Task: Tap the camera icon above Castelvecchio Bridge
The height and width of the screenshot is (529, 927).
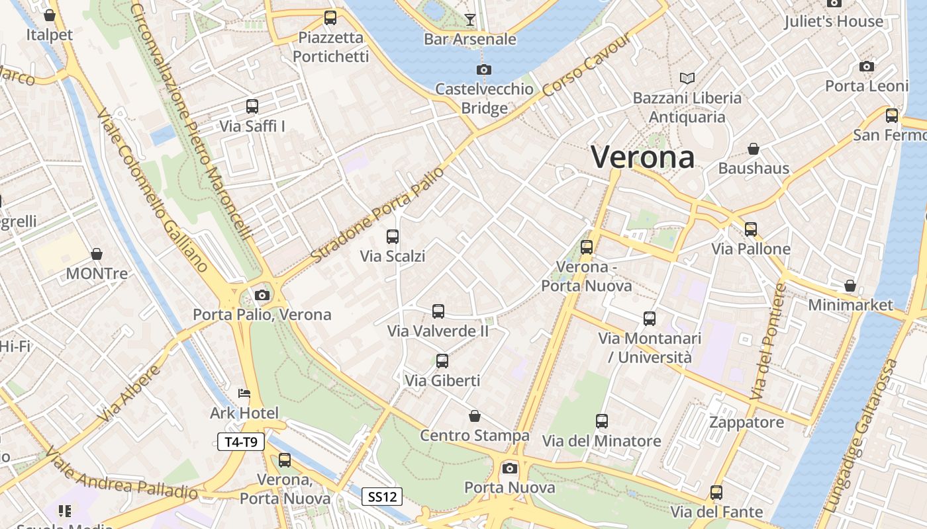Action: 484,69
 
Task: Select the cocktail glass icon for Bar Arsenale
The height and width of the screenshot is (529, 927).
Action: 469,20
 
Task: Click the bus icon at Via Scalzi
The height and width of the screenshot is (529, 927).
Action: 393,236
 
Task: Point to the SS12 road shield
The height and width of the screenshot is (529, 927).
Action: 383,497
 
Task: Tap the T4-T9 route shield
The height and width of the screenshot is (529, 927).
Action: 241,442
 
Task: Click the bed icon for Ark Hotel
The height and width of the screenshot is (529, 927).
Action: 244,393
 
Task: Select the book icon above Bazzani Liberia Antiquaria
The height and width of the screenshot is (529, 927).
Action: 687,78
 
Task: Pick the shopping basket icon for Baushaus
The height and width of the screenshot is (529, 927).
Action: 754,149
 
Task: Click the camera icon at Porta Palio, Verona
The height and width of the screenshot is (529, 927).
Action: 262,295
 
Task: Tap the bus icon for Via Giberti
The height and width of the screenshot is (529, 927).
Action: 442,361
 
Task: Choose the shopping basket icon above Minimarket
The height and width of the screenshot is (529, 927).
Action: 850,286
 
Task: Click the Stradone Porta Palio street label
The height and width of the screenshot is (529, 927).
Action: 375,214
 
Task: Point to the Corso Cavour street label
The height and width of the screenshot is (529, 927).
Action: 586,64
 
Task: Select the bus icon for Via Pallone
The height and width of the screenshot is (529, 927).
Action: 751,229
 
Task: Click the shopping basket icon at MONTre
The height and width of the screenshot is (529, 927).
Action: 97,254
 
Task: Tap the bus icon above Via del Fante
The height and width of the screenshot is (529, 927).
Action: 716,492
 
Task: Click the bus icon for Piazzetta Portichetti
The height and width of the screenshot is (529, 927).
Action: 330,18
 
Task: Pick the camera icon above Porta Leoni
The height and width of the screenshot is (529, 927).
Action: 867,66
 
